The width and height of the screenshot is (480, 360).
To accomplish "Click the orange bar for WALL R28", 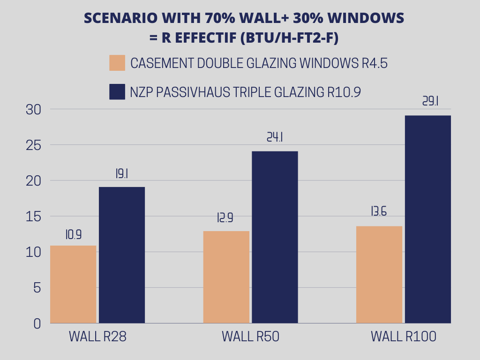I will (73, 284).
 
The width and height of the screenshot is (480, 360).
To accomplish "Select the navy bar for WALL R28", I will (122, 255).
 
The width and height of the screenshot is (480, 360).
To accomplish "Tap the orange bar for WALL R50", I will (226, 277).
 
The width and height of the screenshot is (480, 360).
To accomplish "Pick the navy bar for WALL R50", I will (275, 237).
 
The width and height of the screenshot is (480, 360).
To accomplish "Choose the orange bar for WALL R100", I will (379, 275).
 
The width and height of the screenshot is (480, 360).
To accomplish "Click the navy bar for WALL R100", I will (428, 219).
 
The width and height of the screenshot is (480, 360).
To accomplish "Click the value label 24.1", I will (276, 137).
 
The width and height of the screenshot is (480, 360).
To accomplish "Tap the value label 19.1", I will (122, 173).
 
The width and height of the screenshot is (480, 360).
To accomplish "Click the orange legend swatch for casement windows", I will (117, 63).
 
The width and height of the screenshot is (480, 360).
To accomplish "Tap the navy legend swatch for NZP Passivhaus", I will (117, 92).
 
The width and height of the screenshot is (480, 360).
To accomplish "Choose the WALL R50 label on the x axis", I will (250, 337).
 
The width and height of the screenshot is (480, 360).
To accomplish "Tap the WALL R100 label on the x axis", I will (404, 337).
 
